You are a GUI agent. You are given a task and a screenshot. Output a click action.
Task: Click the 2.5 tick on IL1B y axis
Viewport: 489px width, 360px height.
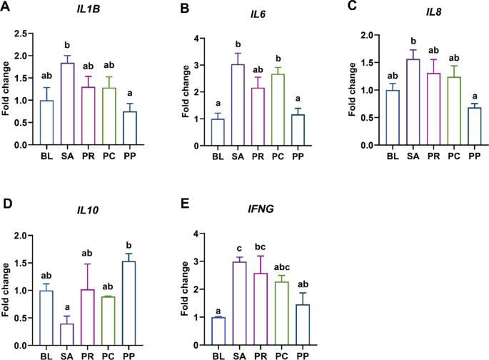(x=28, y=34)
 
